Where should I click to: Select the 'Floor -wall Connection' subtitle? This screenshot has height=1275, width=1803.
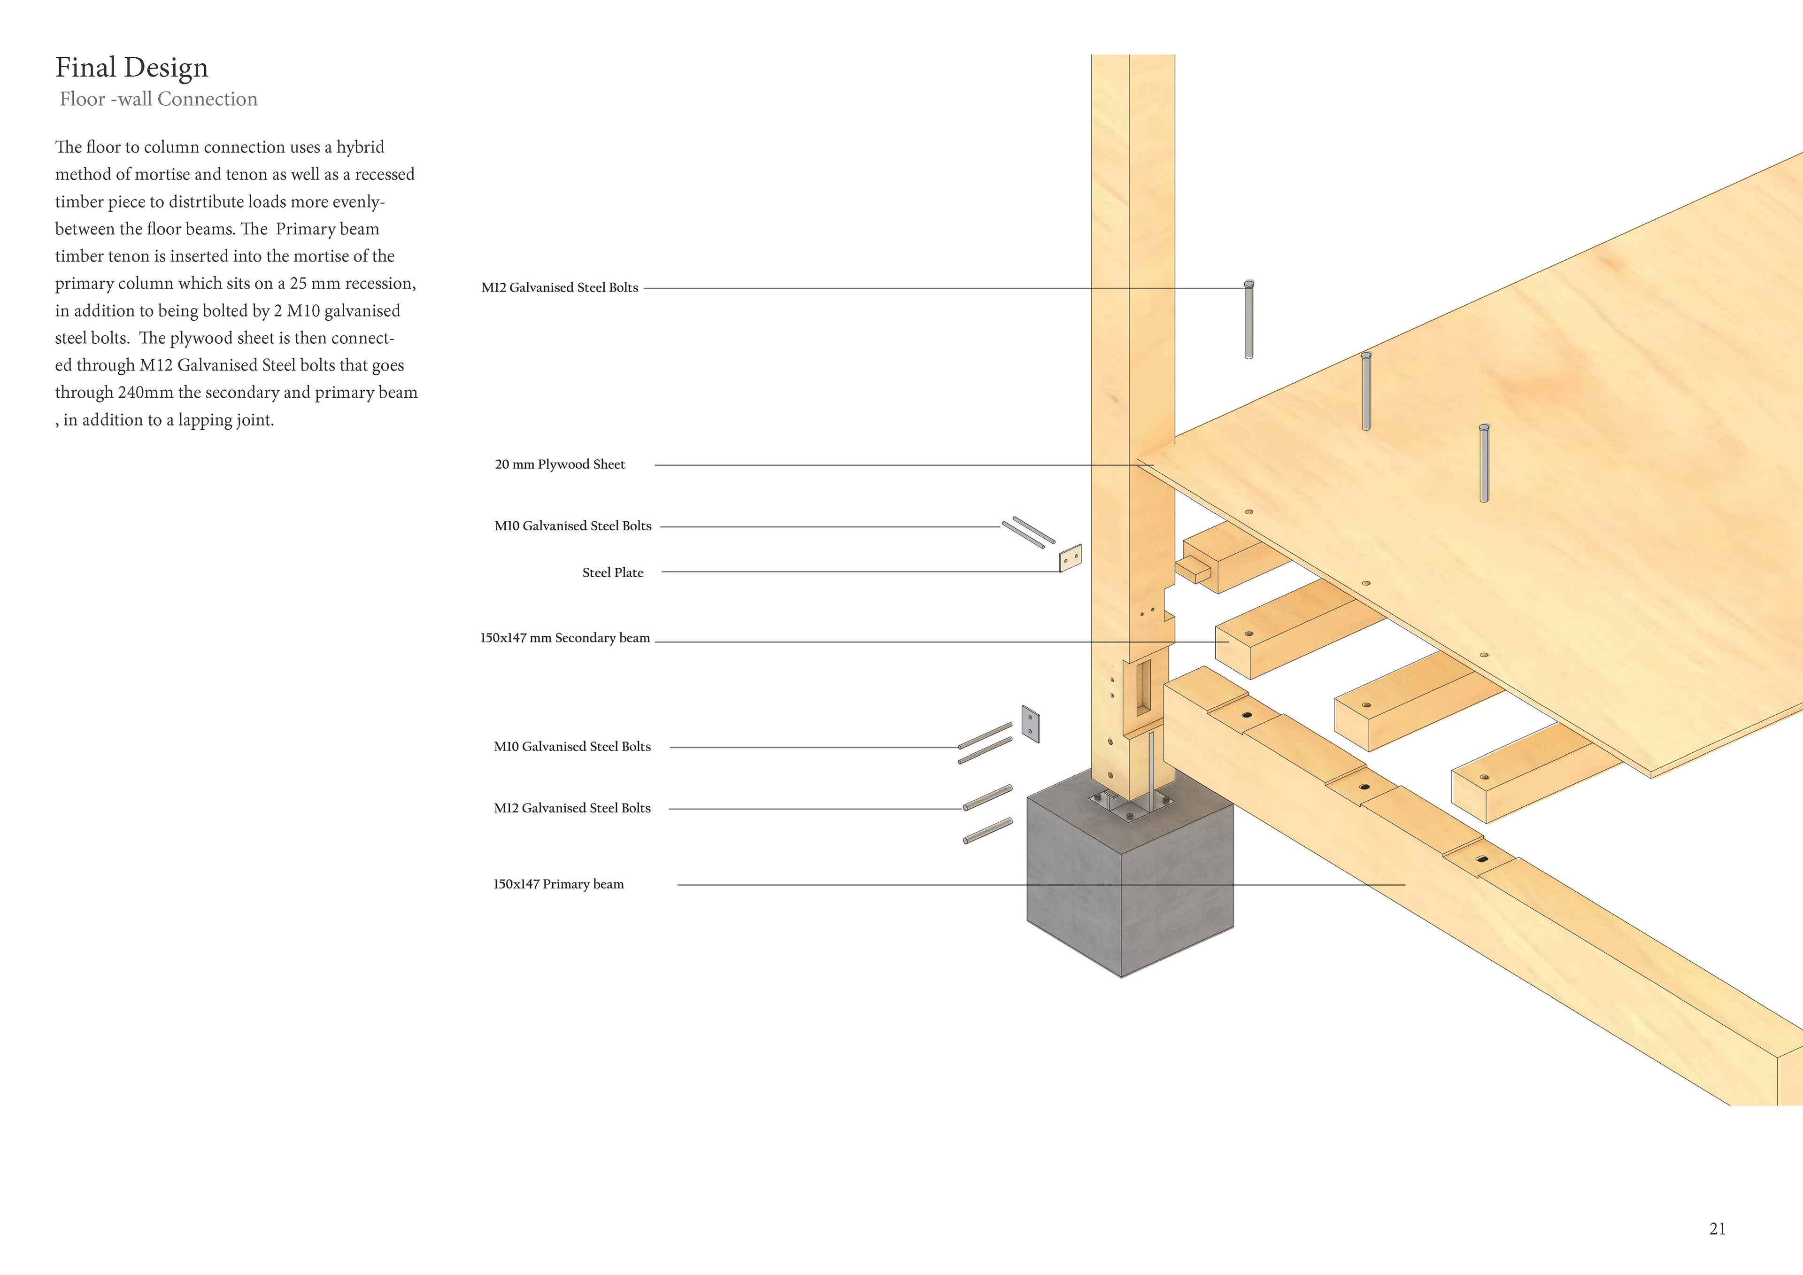[x=159, y=99]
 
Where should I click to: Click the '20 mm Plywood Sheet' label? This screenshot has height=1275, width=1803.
[x=560, y=464]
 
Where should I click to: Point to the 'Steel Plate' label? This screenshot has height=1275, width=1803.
[x=613, y=572]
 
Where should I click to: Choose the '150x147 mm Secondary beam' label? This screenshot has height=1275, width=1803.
[x=565, y=638]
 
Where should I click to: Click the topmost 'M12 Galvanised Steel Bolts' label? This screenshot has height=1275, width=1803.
[x=559, y=287]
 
